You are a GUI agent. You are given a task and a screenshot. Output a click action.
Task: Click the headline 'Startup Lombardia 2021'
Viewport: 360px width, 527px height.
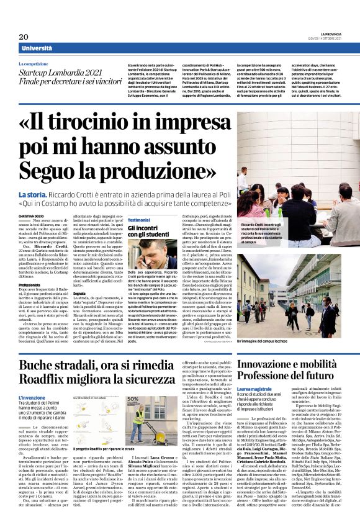[x=66, y=73]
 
